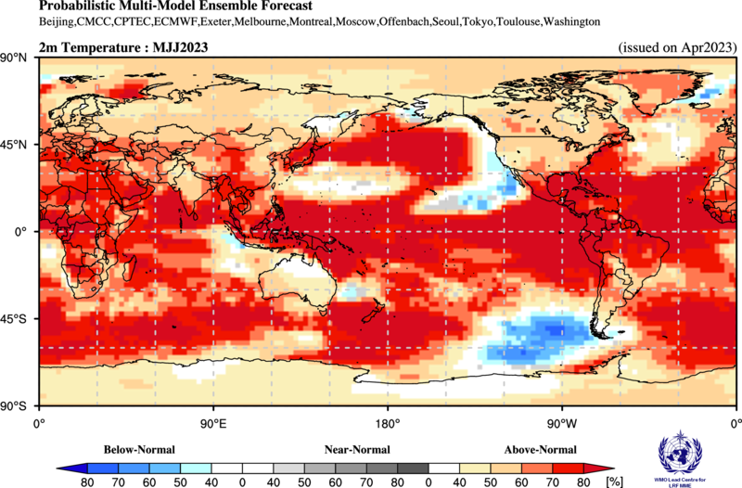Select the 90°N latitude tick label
tap(18, 58)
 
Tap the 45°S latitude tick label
tap(18, 319)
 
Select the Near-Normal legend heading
tap(357, 449)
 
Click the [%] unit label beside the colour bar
tap(613, 482)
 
